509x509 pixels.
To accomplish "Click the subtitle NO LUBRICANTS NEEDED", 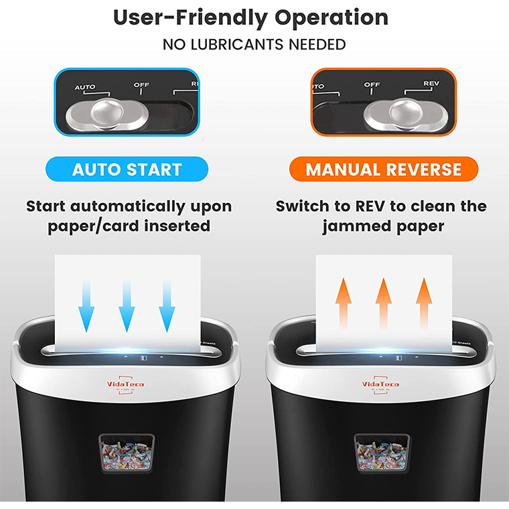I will [254, 45].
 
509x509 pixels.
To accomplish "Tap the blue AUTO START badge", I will [127, 169].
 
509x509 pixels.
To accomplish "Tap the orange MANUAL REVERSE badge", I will [384, 169].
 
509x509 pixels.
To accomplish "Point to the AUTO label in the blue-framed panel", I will [85, 87].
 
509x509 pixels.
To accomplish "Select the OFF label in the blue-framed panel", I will [141, 85].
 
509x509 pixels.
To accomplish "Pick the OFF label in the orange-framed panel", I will [372, 85].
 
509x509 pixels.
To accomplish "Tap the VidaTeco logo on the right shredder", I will [380, 384].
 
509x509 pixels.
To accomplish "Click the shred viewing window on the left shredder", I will [127, 453].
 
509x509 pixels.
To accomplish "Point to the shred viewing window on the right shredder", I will [382, 453].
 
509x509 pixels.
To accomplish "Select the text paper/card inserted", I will [129, 226].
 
